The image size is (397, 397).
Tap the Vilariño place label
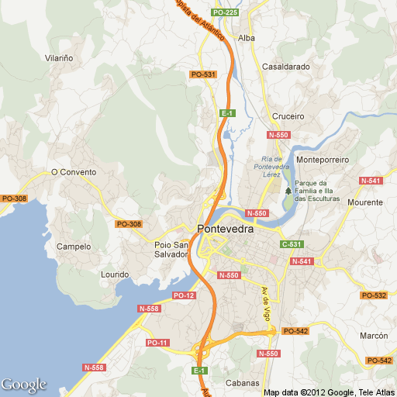tap(59, 58)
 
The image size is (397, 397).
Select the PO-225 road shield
tap(226, 13)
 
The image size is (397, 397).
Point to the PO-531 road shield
tap(202, 74)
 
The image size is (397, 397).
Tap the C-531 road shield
tap(291, 244)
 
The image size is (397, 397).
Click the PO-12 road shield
tap(184, 295)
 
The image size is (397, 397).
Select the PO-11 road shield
tap(157, 343)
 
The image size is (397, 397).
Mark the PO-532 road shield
tap(375, 295)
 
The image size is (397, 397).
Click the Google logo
tap(24, 385)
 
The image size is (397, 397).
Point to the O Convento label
tap(74, 172)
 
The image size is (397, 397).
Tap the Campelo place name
tap(74, 247)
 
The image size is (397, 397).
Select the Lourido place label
tap(115, 274)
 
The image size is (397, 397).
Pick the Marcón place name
tap(374, 336)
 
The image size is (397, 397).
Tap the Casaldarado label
tap(286, 67)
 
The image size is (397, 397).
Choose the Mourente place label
tap(365, 202)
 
